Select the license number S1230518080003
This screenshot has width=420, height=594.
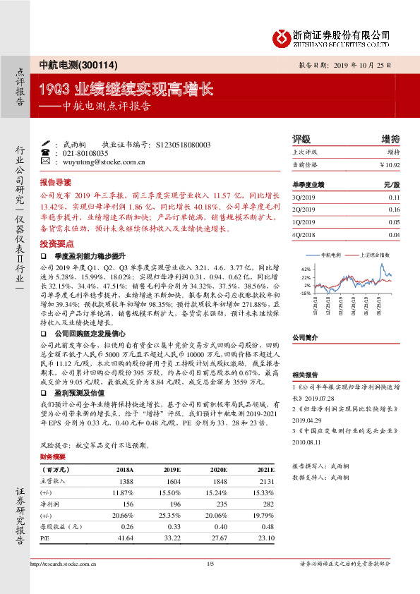(182, 144)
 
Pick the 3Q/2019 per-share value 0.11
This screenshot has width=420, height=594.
(394, 197)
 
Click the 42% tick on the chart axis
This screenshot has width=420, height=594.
(306, 269)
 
